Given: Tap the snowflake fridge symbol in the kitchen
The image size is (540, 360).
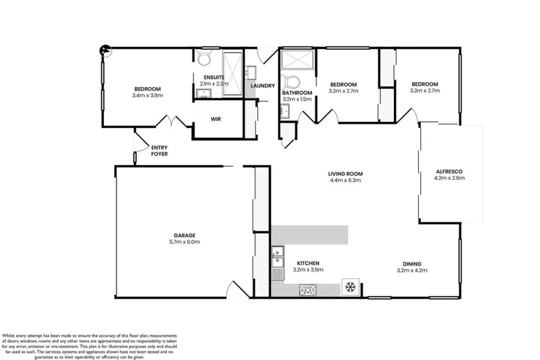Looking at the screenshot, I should (350, 287).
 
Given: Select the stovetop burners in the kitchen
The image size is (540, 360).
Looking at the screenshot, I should (308, 289).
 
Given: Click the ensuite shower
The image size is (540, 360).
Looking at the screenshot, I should (232, 74).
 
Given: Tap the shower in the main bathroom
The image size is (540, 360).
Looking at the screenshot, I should (297, 60).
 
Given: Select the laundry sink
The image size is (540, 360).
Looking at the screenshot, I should (250, 72).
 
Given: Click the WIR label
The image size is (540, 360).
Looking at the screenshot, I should (216, 119).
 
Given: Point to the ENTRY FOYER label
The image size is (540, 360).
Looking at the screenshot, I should (159, 151).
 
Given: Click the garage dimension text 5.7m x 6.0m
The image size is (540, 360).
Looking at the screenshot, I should (184, 242).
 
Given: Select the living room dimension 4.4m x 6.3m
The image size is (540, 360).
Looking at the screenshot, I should (345, 180).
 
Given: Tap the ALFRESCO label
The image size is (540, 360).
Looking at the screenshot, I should (449, 172).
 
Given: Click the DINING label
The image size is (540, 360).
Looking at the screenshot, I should (412, 264).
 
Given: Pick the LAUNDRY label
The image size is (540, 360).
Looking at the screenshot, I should (262, 86).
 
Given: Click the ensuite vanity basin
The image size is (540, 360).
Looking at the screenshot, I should (204, 94).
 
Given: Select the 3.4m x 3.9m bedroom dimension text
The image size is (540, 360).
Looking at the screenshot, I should (148, 95).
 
